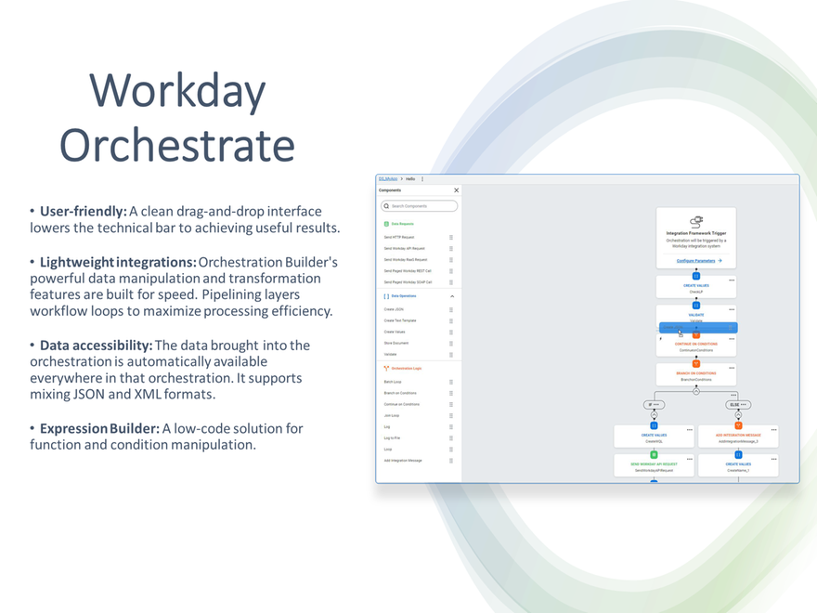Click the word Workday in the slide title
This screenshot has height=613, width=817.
pyautogui.click(x=177, y=91)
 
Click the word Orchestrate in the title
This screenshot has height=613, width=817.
pyautogui.click(x=177, y=145)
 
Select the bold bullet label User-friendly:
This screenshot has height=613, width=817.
pyautogui.click(x=83, y=212)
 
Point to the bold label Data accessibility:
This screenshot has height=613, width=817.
pyautogui.click(x=96, y=346)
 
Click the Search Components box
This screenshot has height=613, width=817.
pyautogui.click(x=420, y=206)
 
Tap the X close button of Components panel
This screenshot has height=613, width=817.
pyautogui.click(x=456, y=190)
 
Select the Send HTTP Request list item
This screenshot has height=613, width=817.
pyautogui.click(x=400, y=237)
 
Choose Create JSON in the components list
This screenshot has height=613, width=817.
pyautogui.click(x=395, y=309)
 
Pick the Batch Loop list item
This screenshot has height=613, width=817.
pyautogui.click(x=394, y=382)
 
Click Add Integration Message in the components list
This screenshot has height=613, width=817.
pyautogui.click(x=403, y=460)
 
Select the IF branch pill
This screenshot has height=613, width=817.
pyautogui.click(x=654, y=405)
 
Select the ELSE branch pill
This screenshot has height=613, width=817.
pyautogui.click(x=738, y=405)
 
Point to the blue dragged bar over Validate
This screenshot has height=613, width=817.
pyautogui.click(x=698, y=328)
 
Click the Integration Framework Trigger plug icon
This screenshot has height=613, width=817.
pyautogui.click(x=696, y=221)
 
